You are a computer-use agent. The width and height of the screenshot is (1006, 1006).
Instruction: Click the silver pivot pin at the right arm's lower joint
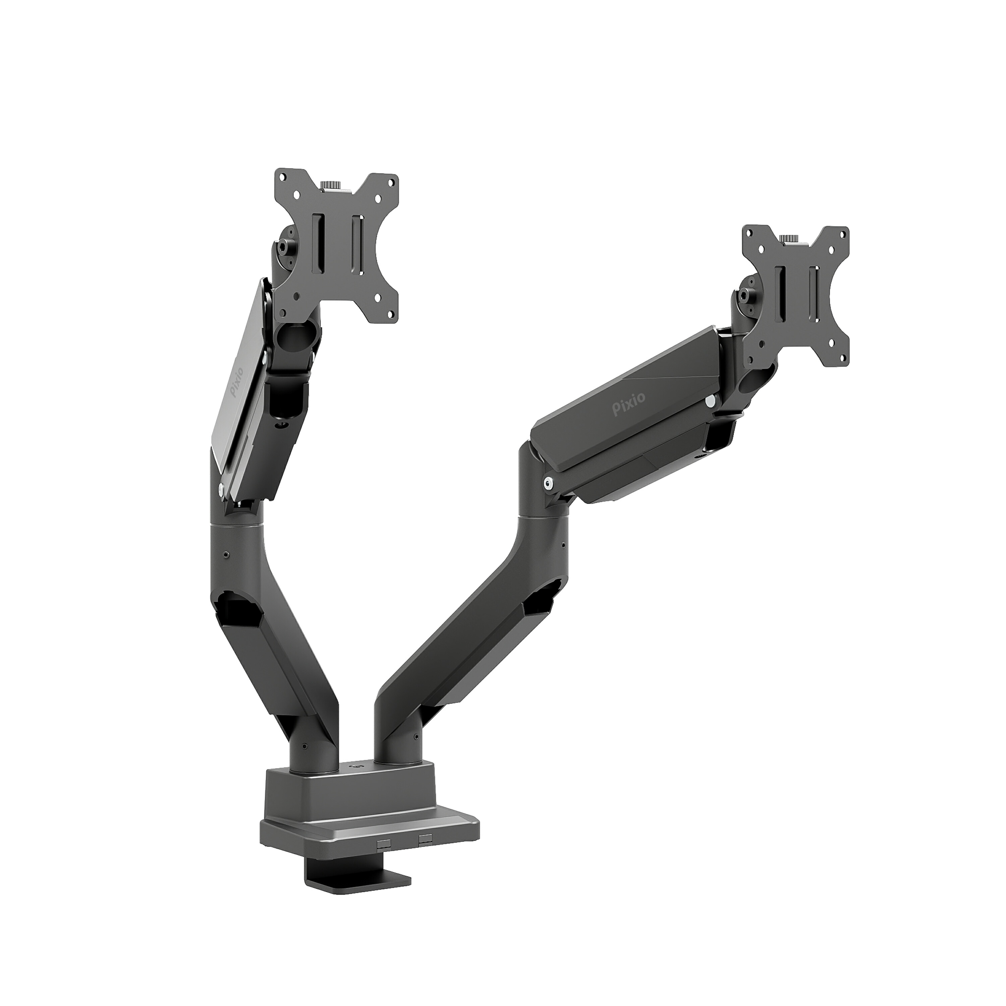pos(548,484)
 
